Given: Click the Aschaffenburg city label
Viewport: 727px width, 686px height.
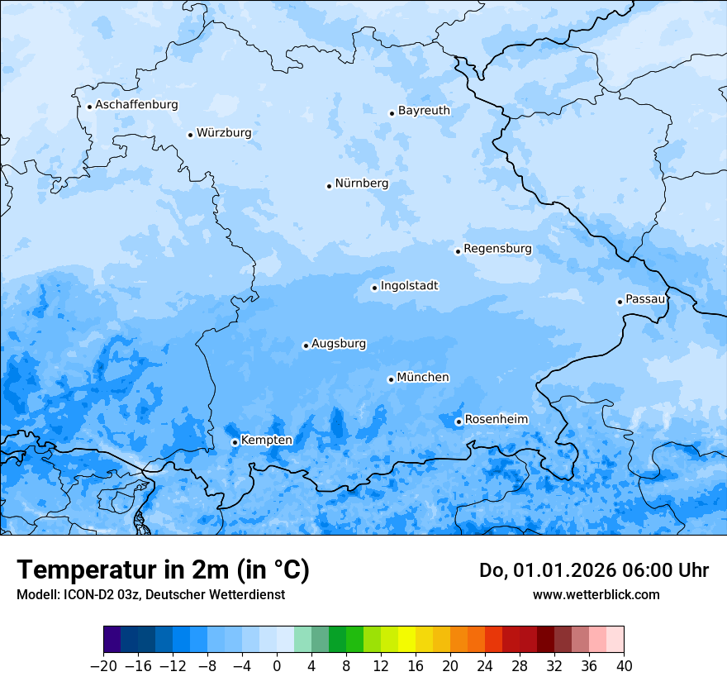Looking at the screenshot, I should (136, 105).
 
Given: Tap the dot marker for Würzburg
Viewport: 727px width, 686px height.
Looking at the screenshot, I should (190, 135).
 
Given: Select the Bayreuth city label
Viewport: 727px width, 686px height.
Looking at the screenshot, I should (424, 110).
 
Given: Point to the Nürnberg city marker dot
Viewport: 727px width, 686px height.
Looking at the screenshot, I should (329, 186).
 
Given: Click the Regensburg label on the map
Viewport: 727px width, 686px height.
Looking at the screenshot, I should (497, 248).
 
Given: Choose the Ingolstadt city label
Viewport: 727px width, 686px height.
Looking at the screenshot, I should (409, 285).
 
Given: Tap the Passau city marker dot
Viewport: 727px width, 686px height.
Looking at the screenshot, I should (620, 302).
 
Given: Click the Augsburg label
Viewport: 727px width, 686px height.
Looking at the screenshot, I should (339, 343).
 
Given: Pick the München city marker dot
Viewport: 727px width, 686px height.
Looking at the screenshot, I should (391, 379).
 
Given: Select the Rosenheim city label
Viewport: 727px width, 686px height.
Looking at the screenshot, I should (496, 419).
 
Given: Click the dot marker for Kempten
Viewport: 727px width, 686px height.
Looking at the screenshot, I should (235, 442).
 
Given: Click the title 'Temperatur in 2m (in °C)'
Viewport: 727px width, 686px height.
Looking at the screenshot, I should (163, 569).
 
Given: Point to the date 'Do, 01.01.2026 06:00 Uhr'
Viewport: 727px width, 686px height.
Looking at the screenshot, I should (593, 570).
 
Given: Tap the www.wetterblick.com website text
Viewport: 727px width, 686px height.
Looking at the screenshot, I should (596, 594).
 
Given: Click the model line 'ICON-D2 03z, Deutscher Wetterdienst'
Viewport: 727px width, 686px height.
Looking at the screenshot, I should (150, 594).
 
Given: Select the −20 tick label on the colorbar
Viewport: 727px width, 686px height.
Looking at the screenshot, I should (103, 666).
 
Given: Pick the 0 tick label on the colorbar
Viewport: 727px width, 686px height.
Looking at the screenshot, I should (277, 666).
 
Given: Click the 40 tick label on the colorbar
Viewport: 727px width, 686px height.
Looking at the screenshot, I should (624, 666).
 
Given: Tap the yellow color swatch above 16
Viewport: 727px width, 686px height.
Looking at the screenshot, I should (406, 640).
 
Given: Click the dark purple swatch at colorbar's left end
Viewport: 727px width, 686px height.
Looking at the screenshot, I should (112, 640).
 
